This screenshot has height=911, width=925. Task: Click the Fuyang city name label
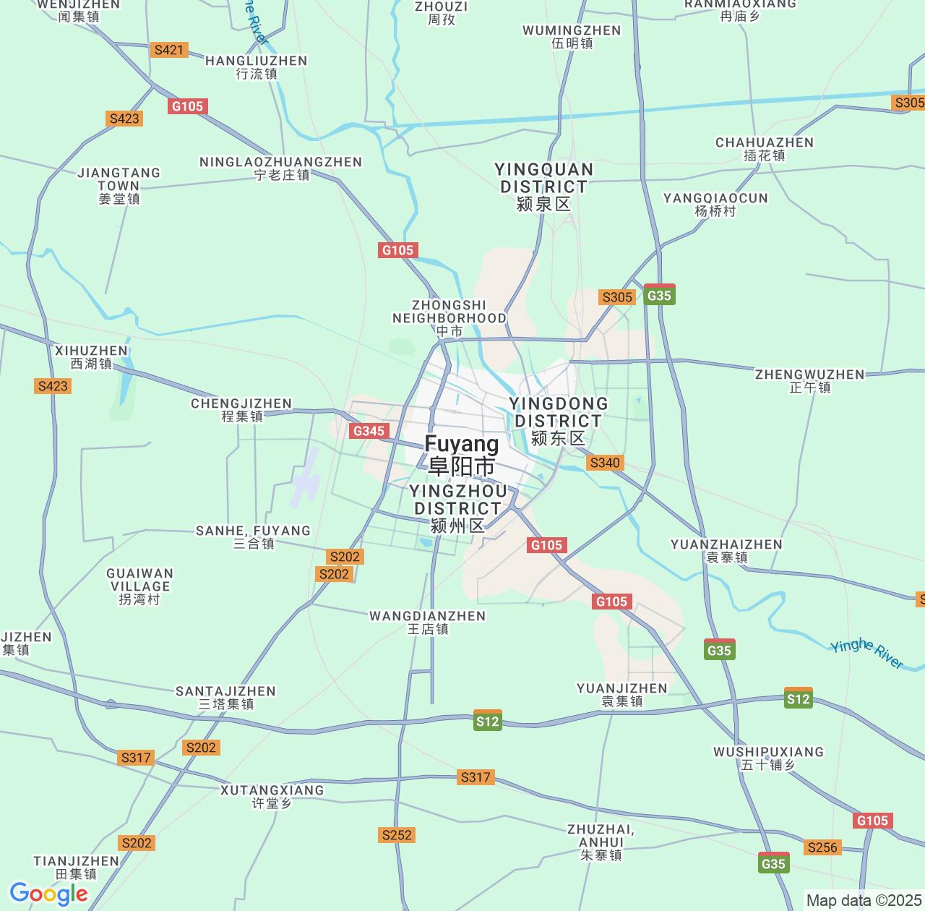pyautogui.click(x=462, y=455)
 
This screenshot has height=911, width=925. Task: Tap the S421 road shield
pyautogui.click(x=169, y=50)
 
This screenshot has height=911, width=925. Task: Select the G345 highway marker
pyautogui.click(x=368, y=431)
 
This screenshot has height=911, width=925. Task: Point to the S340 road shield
pyautogui.click(x=605, y=463)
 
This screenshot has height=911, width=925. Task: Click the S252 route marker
pyautogui.click(x=397, y=835)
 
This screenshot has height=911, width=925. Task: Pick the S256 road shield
pyautogui.click(x=822, y=847)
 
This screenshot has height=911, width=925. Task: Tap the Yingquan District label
pyautogui.click(x=543, y=187)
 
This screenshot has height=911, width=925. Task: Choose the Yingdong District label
pyautogui.click(x=558, y=421)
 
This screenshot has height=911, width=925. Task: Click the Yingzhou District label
pyautogui.click(x=457, y=508)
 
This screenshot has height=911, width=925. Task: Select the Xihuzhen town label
pyautogui.click(x=91, y=357)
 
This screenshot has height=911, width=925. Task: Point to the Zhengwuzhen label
pyautogui.click(x=809, y=380)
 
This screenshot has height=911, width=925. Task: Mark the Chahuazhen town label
pyautogui.click(x=764, y=149)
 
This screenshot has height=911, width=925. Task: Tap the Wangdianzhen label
pyautogui.click(x=428, y=622)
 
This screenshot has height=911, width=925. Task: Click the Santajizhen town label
pyautogui.click(x=226, y=697)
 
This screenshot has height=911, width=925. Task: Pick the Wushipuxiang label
pyautogui.click(x=768, y=758)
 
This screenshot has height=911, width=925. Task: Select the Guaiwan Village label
pyautogui.click(x=139, y=586)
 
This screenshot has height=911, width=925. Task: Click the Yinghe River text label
pyautogui.click(x=866, y=654)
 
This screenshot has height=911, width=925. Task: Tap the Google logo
pyautogui.click(x=48, y=894)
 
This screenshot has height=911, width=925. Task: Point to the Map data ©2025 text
pyautogui.click(x=863, y=900)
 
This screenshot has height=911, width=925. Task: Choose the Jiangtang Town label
pyautogui.click(x=119, y=185)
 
